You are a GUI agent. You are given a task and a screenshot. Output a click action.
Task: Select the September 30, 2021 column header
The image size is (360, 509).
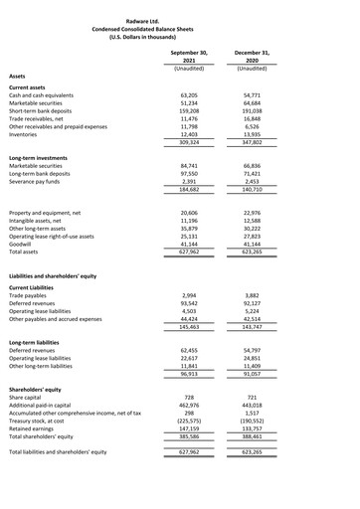(189, 55)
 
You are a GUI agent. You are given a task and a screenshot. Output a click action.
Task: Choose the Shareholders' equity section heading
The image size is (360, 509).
(42, 388)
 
